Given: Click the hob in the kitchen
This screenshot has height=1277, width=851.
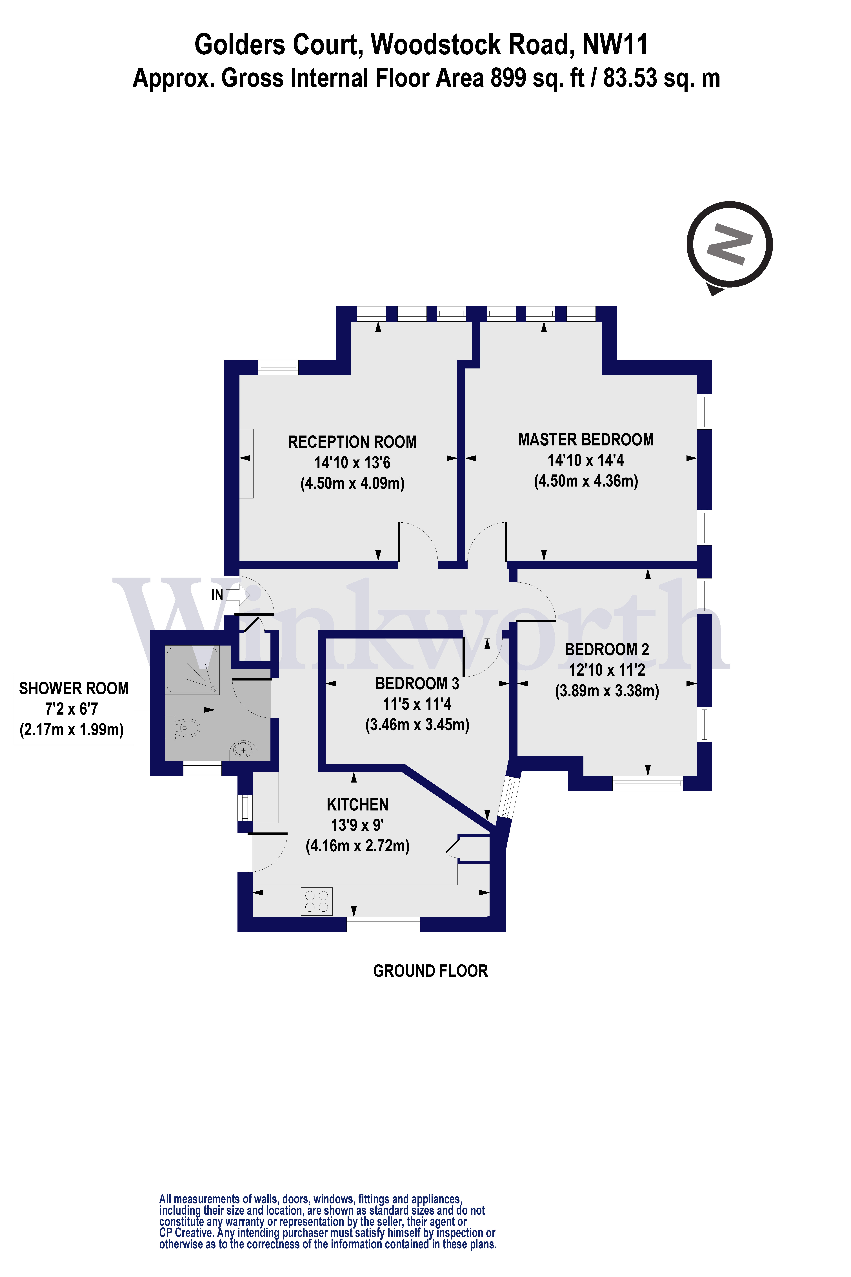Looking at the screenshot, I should [x=316, y=901].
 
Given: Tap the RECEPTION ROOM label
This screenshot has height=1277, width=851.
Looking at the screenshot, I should [x=352, y=442].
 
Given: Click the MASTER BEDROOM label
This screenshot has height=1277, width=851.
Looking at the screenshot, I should [x=586, y=440].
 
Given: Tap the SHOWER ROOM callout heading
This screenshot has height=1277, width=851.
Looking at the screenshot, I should [x=74, y=688].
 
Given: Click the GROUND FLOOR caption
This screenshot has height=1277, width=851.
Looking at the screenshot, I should [x=430, y=971].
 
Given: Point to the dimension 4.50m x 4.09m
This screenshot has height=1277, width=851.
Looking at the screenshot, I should [x=352, y=483].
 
